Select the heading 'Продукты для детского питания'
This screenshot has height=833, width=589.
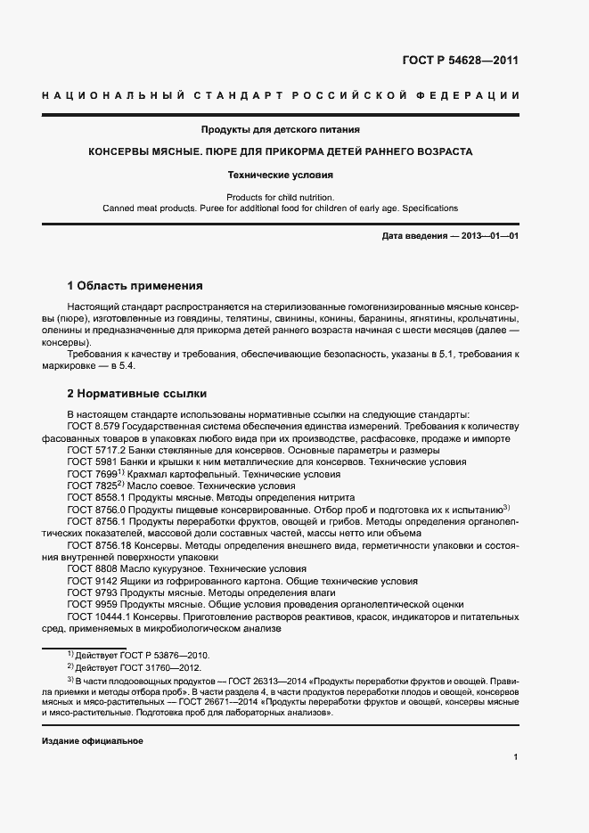point(280,129)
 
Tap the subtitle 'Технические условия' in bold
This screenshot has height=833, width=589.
point(280,176)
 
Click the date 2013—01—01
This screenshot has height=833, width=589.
point(489,235)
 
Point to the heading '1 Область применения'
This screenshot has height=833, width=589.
point(135,286)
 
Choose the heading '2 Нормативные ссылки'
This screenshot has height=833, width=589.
point(136,392)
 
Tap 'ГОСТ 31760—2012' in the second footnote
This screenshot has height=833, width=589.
point(163,667)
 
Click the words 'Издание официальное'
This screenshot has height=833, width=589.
point(93,741)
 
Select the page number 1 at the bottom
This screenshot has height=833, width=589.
point(516,757)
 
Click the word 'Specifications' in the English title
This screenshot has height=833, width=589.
point(430,208)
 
